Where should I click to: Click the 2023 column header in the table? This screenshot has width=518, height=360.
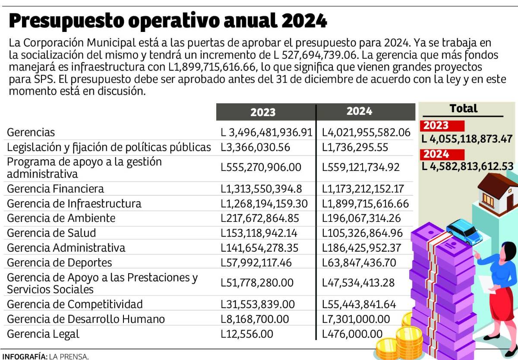[262, 112]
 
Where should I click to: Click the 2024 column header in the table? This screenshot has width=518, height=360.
[359, 111]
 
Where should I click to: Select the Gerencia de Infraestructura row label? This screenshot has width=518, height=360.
[74, 203]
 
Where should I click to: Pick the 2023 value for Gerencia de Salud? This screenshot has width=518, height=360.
[259, 233]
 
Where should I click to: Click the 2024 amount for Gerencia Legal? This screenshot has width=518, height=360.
[352, 334]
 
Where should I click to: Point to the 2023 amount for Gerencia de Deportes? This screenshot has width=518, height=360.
[257, 262]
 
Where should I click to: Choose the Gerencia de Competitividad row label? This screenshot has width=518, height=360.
[75, 304]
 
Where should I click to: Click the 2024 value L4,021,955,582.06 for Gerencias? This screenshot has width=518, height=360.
[366, 133]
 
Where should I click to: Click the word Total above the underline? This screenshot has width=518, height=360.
[463, 108]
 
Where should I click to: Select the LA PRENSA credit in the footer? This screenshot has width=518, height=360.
[69, 356]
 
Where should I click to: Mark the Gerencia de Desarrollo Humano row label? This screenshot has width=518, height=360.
[86, 319]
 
